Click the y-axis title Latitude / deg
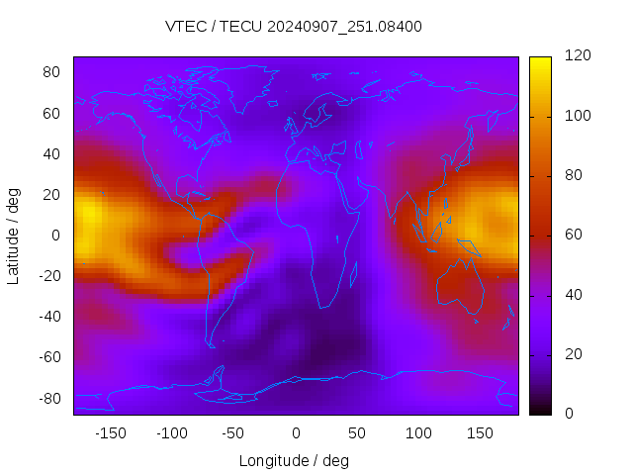pyautogui.click(x=14, y=235)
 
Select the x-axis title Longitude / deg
pyautogui.click(x=294, y=460)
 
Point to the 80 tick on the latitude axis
pyautogui.click(x=51, y=72)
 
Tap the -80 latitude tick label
pyautogui.click(x=48, y=398)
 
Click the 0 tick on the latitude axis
pyautogui.click(x=56, y=236)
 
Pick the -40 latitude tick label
pyautogui.click(x=48, y=317)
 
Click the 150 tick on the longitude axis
pyautogui.click(x=480, y=432)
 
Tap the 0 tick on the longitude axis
pyautogui.click(x=295, y=432)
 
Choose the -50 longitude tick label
pyautogui.click(x=233, y=432)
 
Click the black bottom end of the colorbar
pyautogui.click(x=539, y=410)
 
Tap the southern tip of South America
pyautogui.click(x=212, y=345)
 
